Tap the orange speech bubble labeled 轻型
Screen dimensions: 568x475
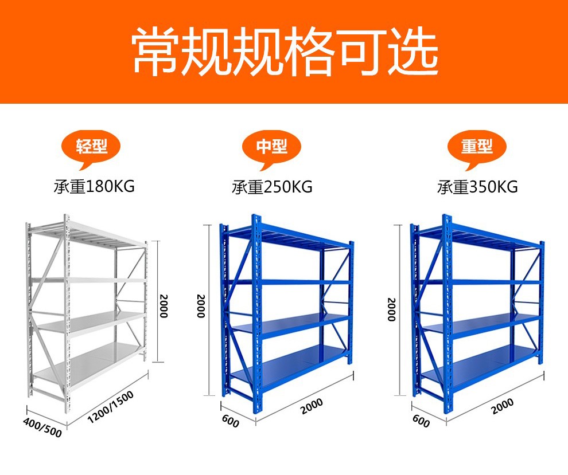[x=92, y=147]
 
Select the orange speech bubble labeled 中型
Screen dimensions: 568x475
[x=272, y=147]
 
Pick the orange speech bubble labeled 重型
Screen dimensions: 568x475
[x=477, y=147]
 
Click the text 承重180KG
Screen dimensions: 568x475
[x=94, y=186]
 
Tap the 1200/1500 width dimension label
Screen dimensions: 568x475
[x=111, y=407]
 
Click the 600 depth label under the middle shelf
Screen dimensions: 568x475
[x=229, y=421]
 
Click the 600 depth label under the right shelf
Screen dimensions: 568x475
[x=421, y=421]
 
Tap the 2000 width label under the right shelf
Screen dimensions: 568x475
[x=503, y=406]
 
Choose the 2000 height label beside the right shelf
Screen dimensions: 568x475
[x=391, y=309]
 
